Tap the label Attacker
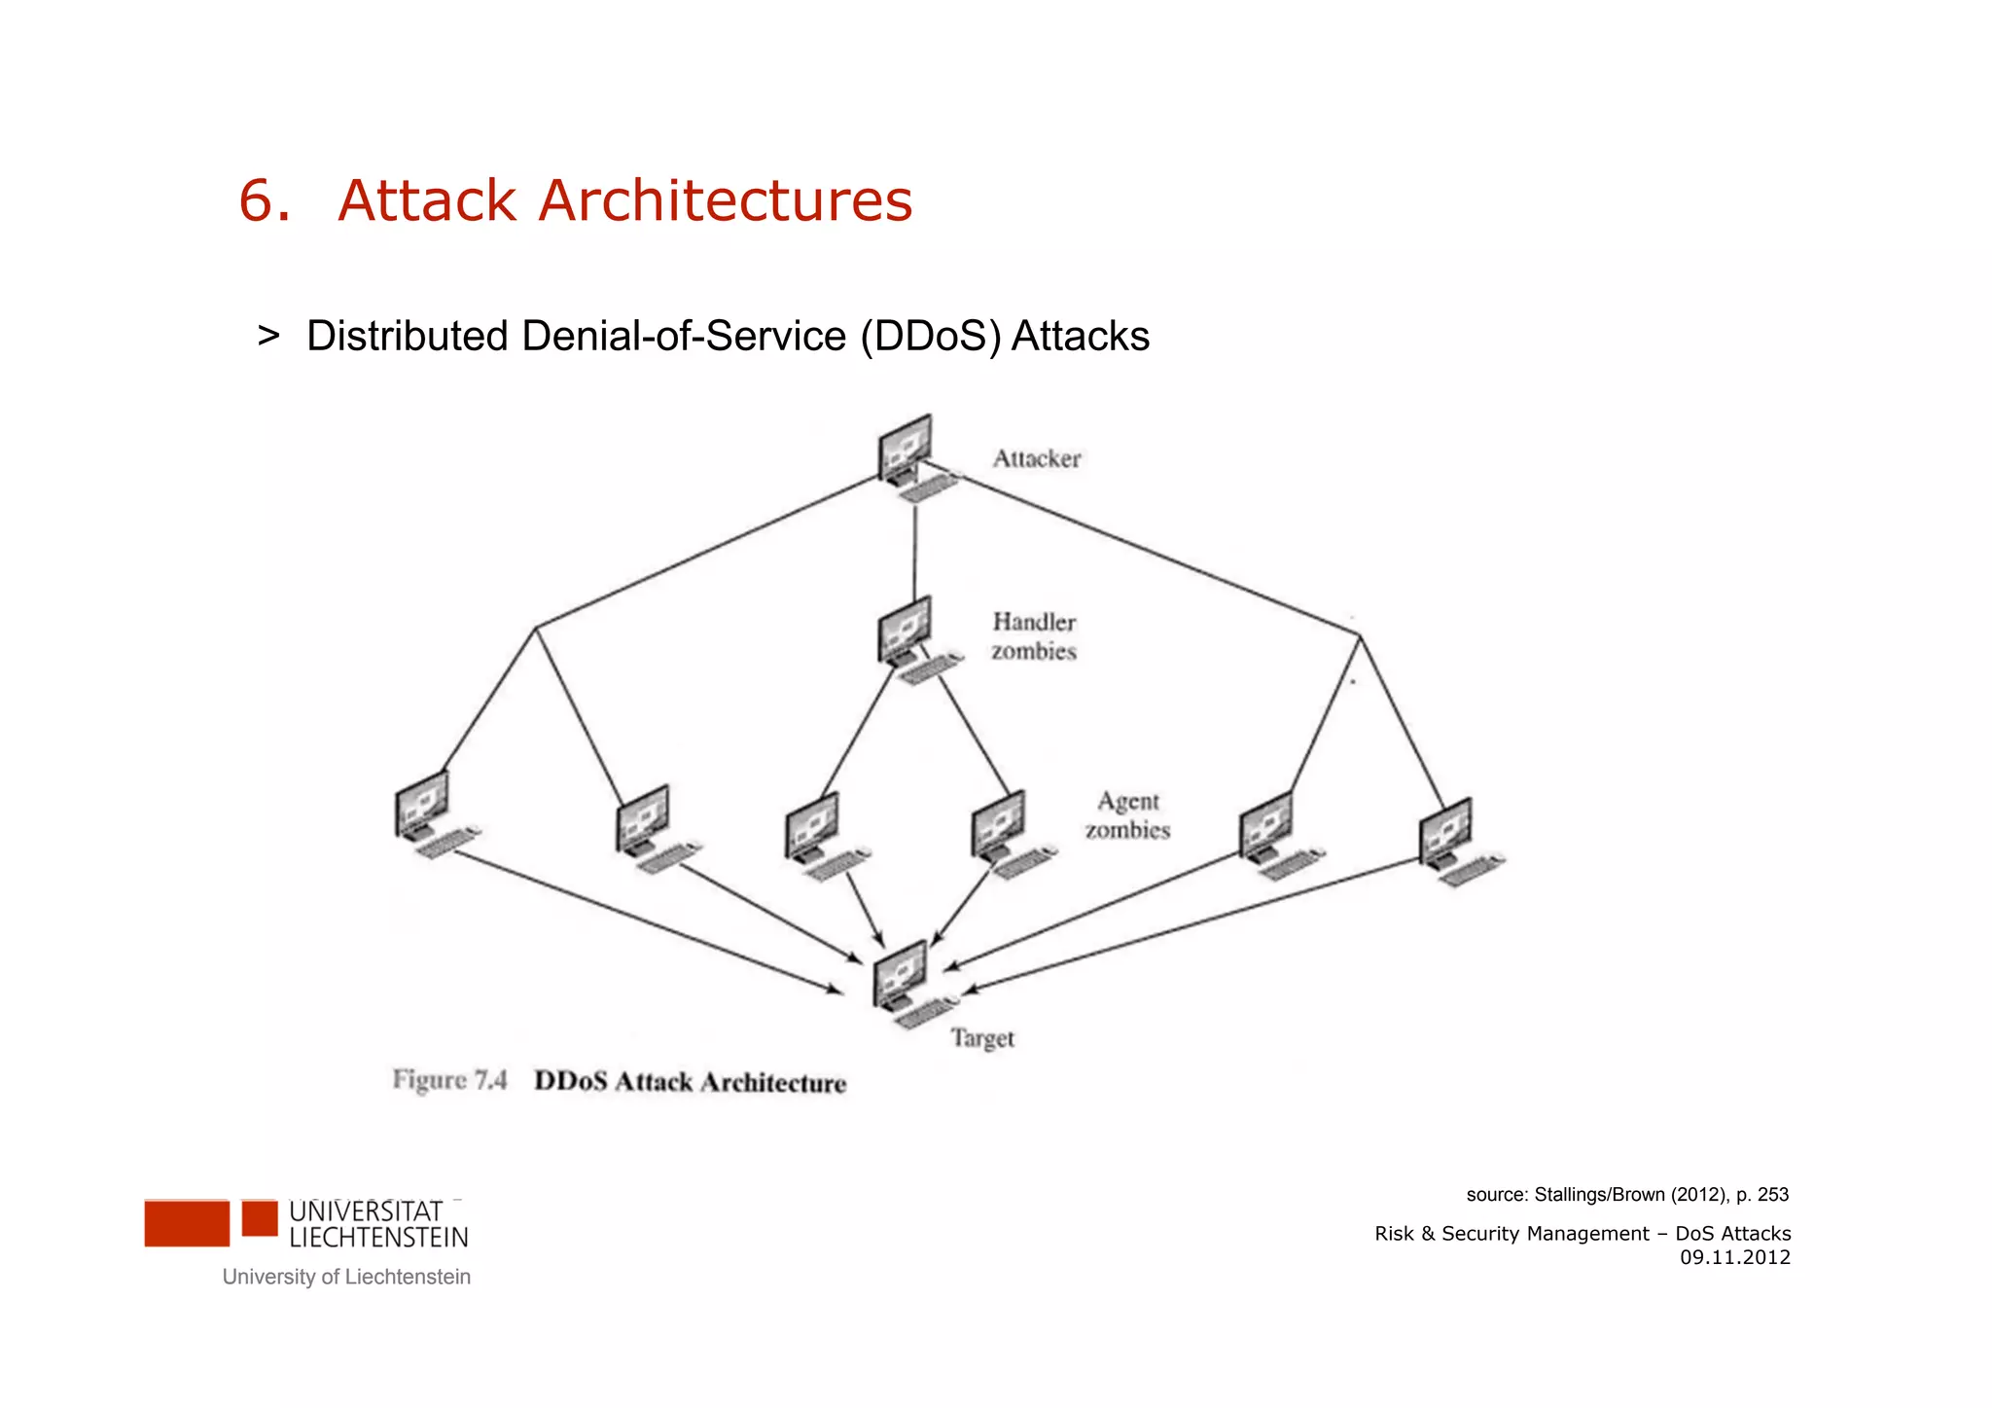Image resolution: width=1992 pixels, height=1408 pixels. [x=1036, y=458]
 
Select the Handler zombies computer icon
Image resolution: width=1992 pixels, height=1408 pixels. [x=908, y=636]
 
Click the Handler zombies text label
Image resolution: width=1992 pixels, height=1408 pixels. [x=1034, y=636]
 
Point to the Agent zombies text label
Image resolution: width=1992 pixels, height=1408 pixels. [x=1127, y=815]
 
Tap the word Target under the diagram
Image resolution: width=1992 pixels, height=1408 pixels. [x=981, y=1038]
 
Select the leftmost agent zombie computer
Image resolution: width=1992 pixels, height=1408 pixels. [x=428, y=812]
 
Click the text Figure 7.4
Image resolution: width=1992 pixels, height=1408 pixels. [x=449, y=1080]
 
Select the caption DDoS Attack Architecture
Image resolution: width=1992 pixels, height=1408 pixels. [x=690, y=1082]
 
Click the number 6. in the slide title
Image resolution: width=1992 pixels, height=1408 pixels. [x=265, y=201]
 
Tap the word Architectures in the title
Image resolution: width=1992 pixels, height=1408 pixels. [x=725, y=201]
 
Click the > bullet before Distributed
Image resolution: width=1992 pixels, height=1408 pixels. [x=268, y=336]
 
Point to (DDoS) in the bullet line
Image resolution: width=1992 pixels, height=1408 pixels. [x=929, y=337]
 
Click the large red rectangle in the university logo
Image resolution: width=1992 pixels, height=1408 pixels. [x=187, y=1223]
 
